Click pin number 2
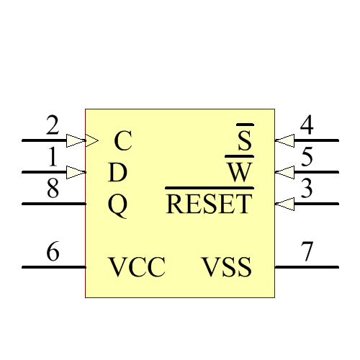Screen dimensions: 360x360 point(52,126)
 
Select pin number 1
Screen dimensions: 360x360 point(52,157)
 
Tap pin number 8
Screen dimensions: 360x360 point(52,189)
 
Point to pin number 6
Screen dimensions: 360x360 point(52,253)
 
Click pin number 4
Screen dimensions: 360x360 point(307,126)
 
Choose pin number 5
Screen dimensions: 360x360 point(307,157)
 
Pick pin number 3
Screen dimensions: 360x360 point(307,189)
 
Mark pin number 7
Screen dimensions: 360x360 point(307,253)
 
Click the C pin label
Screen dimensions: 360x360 point(123,141)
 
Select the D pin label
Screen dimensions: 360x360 point(117,173)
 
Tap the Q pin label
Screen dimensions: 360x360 point(117,206)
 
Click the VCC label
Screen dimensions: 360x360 point(137,268)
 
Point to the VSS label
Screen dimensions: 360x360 point(227,268)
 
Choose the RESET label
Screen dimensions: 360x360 point(210,204)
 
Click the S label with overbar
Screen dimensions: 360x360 point(245,140)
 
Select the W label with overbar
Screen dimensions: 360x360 point(240,172)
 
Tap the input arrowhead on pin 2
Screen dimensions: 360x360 point(76,140)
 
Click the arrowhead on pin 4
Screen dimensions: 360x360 point(285,140)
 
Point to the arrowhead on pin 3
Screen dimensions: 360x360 point(285,204)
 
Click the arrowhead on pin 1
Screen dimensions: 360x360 point(76,172)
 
